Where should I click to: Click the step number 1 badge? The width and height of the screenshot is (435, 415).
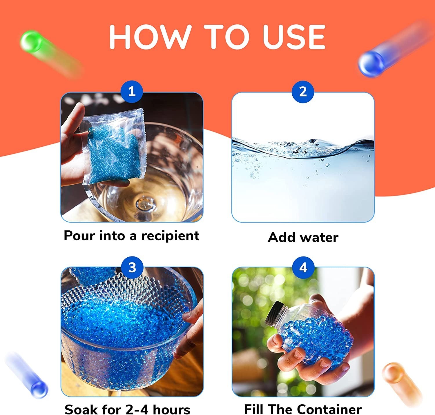click(x=132, y=92)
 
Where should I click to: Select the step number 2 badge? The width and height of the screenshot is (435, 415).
click(x=303, y=92)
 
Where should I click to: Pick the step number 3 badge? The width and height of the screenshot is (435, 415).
click(x=132, y=267)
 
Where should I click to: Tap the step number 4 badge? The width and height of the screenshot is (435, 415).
click(x=303, y=267)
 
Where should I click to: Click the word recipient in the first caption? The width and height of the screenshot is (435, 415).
click(x=170, y=236)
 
